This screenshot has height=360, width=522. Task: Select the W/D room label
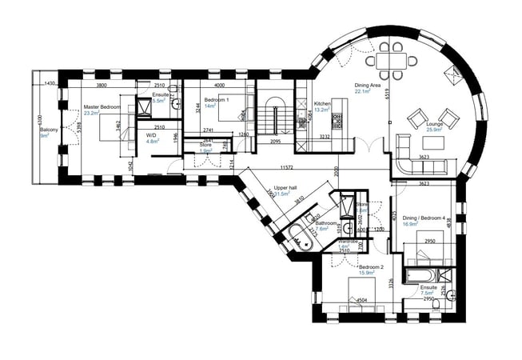pos(151,135)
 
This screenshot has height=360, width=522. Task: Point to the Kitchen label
pos(322,104)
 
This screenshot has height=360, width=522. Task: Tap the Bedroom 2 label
pos(371,266)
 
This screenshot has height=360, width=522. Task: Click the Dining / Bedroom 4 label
pos(422,218)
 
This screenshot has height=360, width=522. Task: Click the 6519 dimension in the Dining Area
pos(387,94)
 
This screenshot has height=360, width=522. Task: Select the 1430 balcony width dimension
pos(50,84)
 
